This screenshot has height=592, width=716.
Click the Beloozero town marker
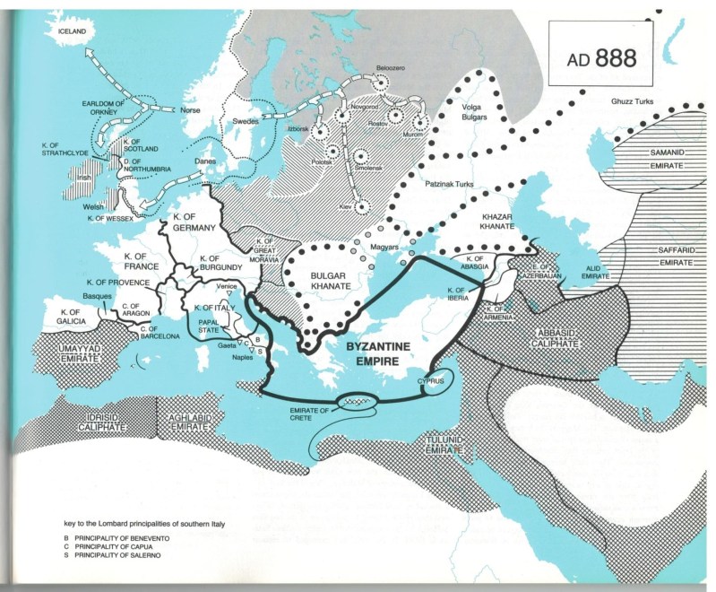384,82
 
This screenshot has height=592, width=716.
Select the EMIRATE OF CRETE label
316,414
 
